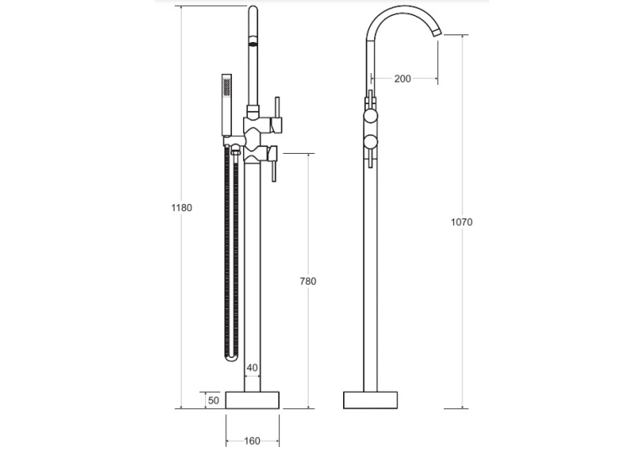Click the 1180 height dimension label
tap(182, 208)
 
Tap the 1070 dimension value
tap(462, 223)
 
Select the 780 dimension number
tap(308, 282)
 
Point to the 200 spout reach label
tap(403, 78)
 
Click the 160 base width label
tap(252, 440)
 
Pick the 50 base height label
tap(214, 400)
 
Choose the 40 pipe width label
tap(252, 368)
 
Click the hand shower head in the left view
tap(227, 105)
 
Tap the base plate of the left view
tap(252, 400)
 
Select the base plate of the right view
tap(370, 400)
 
